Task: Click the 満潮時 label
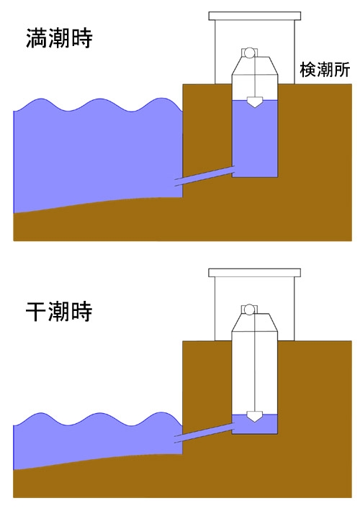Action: pyautogui.click(x=59, y=38)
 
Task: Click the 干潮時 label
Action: pyautogui.click(x=59, y=311)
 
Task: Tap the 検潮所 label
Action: pyautogui.click(x=325, y=70)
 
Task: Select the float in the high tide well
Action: pyautogui.click(x=254, y=102)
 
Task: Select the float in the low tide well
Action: pyautogui.click(x=254, y=417)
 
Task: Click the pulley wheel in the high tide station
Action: pyautogui.click(x=249, y=53)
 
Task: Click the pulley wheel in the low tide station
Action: pyautogui.click(x=249, y=309)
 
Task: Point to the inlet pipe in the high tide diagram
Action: pyautogui.click(x=204, y=176)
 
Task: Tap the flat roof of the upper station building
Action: pyautogui.click(x=255, y=16)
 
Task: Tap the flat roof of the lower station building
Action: pyautogui.click(x=255, y=273)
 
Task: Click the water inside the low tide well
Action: pyautogui.click(x=255, y=426)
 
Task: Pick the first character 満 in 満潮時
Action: pyautogui.click(x=37, y=38)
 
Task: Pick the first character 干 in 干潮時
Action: pyautogui.click(x=37, y=311)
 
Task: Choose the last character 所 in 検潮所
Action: pyautogui.click(x=342, y=70)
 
